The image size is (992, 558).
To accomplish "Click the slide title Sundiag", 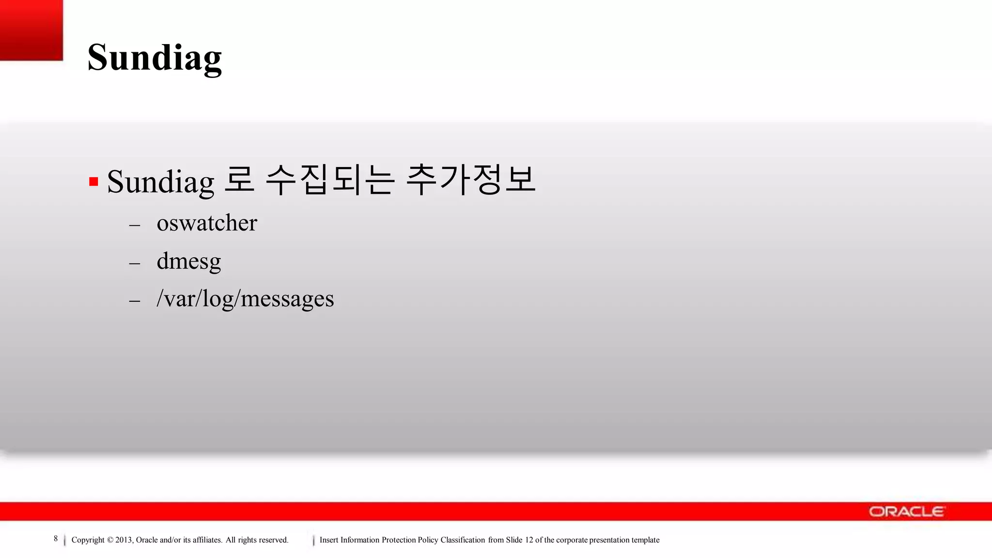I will pos(155,58).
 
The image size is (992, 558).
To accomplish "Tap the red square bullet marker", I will pos(94,182).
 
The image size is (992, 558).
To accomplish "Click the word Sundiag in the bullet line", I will pos(160,182).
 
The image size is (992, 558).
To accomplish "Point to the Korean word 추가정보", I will pos(470,180).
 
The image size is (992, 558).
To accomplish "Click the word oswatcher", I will pos(207,223).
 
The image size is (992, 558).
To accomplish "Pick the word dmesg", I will pos(189,262).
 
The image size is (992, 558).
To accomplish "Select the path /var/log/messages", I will pos(245,299).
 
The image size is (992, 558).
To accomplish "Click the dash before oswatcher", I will pos(135,225).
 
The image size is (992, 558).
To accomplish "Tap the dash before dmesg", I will pos(135,263).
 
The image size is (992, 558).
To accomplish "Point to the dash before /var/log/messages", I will pos(135,301).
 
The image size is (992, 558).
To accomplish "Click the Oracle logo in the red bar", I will pos(906,511).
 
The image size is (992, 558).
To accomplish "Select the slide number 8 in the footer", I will pos(56,539).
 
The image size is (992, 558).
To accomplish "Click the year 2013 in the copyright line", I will pos(124,540).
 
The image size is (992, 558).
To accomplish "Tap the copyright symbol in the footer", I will pos(110,540).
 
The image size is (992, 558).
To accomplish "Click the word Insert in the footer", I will pos(329,540).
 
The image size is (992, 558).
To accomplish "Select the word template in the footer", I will pos(645,540).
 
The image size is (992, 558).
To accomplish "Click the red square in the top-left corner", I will pos(31,30).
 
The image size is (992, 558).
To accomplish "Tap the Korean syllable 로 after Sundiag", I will pos(240,180).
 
